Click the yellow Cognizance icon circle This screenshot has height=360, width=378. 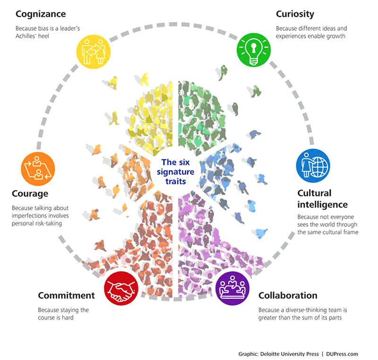coord(94,51)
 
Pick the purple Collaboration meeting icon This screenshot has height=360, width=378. coord(232,288)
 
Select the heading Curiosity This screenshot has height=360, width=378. coord(295,14)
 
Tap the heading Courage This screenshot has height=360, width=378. coord(30,194)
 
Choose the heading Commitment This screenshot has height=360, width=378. coord(67,296)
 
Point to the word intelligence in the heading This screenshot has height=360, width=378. coord(323,205)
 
